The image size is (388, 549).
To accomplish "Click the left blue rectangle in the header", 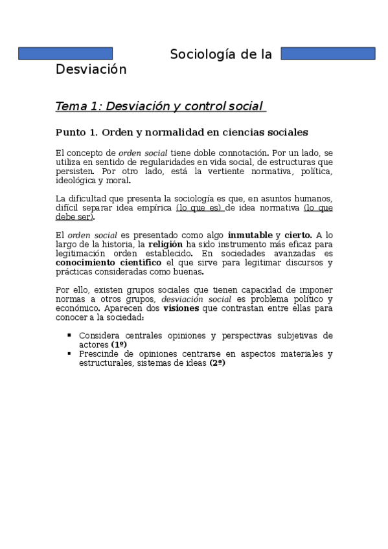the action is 65,54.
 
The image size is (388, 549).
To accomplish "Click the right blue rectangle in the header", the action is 328,54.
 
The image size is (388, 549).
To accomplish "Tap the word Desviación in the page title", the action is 91,69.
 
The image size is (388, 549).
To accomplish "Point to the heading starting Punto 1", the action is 181,133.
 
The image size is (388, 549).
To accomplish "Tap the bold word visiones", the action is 181,308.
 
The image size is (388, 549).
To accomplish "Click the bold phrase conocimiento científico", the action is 108,262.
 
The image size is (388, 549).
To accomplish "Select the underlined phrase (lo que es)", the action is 200,208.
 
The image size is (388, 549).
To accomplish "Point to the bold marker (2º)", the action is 216,363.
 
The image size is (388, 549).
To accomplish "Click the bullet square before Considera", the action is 69,335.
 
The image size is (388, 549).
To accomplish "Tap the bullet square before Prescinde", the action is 69,353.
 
